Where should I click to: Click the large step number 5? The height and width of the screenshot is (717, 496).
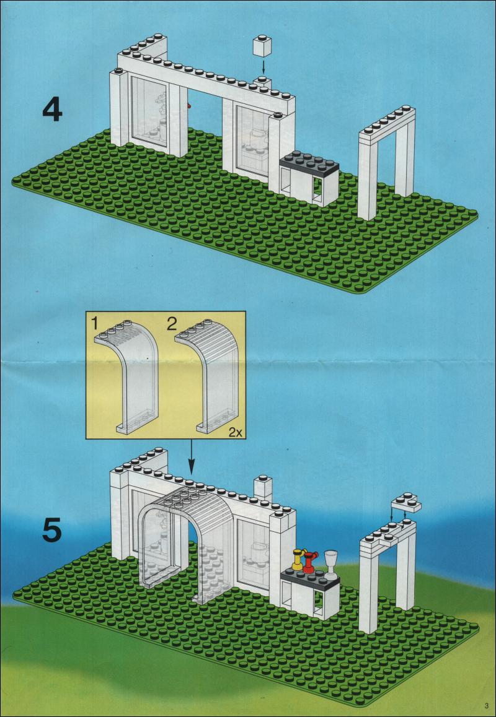click(52, 530)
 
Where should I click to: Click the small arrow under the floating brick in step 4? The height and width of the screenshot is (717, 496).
click(262, 66)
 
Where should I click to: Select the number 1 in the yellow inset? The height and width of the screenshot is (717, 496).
click(94, 323)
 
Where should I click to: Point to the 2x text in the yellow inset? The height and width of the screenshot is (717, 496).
click(235, 433)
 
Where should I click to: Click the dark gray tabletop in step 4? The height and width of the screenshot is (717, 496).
click(311, 162)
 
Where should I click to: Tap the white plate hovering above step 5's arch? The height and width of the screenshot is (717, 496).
click(405, 503)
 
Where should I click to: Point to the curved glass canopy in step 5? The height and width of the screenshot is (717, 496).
click(186, 532)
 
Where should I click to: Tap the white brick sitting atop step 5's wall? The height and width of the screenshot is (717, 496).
click(263, 487)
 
